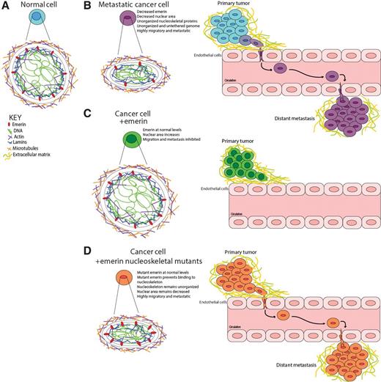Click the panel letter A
(x=6, y=7)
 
